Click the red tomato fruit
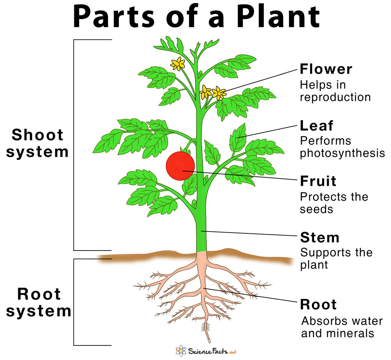180,166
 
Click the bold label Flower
326,70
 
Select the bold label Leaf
317,126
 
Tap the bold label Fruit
318,181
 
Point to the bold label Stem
319,237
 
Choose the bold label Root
318,304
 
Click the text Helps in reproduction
335,90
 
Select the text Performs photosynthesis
342,147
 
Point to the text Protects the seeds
334,202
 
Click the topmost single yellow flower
178,64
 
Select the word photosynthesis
342,153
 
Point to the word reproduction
335,97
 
